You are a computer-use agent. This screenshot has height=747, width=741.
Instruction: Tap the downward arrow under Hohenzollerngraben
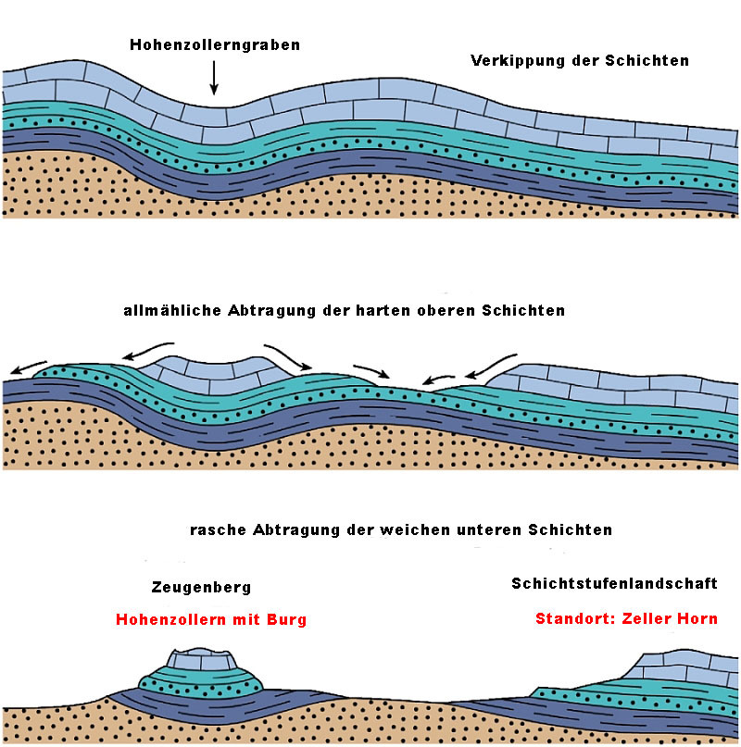coord(214,80)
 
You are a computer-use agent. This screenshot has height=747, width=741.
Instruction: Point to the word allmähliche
coord(171,311)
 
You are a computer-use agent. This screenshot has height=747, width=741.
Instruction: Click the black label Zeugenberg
coord(201,588)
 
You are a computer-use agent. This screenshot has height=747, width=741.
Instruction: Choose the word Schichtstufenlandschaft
coord(614,584)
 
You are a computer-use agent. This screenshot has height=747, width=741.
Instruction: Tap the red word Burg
coord(285,619)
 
